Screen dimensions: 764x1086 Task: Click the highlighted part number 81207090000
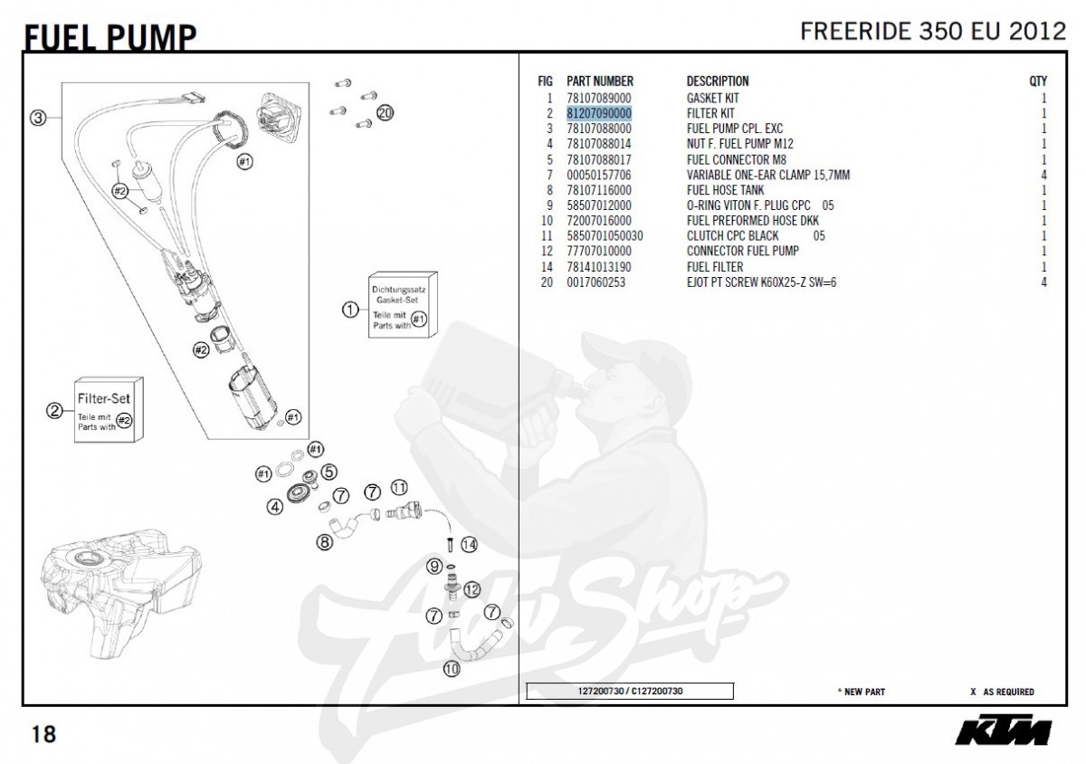[598, 113]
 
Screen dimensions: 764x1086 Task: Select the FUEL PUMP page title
[109, 36]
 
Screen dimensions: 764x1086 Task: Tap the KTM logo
[1004, 731]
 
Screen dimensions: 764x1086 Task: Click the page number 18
[43, 733]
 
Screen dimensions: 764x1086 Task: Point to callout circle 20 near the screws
[386, 113]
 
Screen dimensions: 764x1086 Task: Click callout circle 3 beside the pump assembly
[37, 118]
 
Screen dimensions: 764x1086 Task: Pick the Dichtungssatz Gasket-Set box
[403, 305]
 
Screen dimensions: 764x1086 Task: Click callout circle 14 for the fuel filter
[468, 545]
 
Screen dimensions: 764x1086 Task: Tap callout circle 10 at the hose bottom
[451, 670]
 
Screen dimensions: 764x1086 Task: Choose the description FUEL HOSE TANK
[725, 190]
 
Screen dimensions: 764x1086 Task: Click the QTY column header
[1038, 81]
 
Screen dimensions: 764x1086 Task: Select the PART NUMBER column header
[599, 81]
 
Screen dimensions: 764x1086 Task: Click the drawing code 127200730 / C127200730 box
[630, 692]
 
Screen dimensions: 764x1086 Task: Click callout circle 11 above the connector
[399, 488]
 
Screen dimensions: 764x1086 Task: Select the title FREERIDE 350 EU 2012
[933, 31]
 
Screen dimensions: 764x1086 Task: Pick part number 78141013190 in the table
[598, 267]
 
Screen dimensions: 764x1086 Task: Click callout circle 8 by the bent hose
[324, 543]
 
